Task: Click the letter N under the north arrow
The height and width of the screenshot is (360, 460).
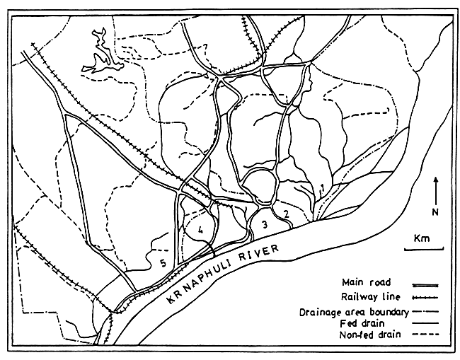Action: (437, 211)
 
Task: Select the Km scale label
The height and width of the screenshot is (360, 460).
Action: (422, 238)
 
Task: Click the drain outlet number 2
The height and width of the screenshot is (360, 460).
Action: (286, 212)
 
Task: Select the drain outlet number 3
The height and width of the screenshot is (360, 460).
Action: (263, 224)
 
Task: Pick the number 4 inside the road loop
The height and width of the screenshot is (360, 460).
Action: (201, 228)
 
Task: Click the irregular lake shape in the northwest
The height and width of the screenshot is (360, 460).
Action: (100, 57)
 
